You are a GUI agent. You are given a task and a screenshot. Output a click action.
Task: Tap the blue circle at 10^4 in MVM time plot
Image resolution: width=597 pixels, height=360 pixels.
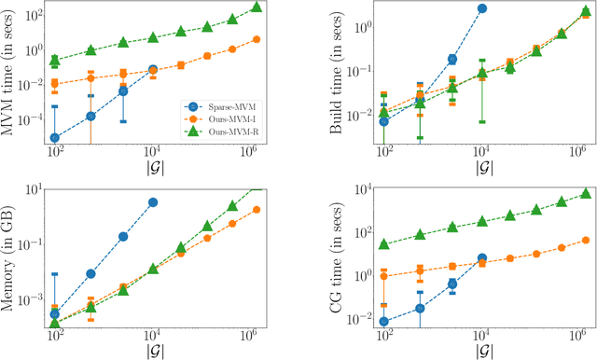pyautogui.click(x=152, y=70)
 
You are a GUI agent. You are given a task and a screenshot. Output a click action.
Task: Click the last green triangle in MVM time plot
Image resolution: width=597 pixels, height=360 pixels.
pyautogui.click(x=257, y=7)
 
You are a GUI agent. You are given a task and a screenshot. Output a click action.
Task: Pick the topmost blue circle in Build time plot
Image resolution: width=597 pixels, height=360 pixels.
pyautogui.click(x=482, y=8)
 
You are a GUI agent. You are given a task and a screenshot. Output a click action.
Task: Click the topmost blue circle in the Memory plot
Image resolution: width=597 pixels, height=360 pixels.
pyautogui.click(x=152, y=202)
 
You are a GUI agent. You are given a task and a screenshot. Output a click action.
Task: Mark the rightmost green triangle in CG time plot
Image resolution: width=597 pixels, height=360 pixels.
pyautogui.click(x=585, y=193)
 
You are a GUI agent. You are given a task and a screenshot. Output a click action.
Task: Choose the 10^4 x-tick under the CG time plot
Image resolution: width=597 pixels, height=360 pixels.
pyautogui.click(x=482, y=335)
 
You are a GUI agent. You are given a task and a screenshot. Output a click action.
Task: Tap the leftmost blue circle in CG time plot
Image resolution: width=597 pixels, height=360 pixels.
pyautogui.click(x=384, y=322)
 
